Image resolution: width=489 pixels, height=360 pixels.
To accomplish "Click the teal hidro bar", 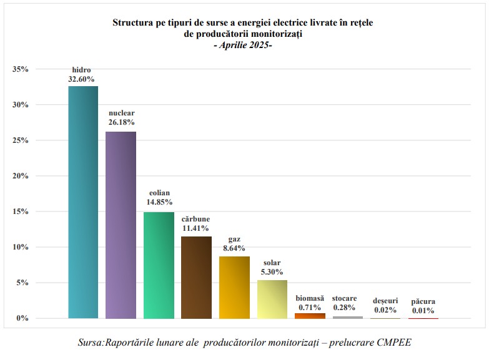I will (x=83, y=202).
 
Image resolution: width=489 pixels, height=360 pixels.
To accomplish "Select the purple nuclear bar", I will (x=121, y=225).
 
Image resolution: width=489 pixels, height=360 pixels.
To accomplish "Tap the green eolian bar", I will (x=159, y=265).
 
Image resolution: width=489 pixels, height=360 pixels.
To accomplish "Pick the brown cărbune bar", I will (x=196, y=277).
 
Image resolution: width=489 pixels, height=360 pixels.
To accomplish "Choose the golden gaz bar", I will (x=234, y=287).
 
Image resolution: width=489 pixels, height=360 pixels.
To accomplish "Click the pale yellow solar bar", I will (x=272, y=299).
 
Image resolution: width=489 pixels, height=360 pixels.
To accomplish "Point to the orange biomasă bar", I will (x=310, y=316).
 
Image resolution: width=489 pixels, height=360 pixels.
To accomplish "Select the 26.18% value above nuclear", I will (x=121, y=122).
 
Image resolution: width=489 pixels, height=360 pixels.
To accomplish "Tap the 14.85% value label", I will (x=159, y=202).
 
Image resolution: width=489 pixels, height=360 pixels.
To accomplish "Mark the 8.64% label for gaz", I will (x=234, y=248).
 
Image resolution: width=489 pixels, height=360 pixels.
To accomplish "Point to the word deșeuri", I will (x=385, y=301).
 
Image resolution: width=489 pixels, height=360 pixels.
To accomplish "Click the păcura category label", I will (x=423, y=301).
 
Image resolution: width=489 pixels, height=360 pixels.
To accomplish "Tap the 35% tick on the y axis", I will (x=21, y=69).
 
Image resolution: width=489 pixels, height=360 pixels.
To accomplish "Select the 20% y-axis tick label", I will (x=21, y=176).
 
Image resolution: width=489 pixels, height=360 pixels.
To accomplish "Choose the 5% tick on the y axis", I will (x=23, y=283).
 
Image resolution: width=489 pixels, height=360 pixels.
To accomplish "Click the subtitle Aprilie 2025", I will (x=244, y=46).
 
